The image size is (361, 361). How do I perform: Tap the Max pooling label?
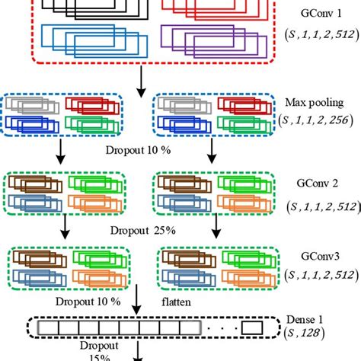coord(317,101)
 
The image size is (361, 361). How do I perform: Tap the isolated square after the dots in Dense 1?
coord(253,327)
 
